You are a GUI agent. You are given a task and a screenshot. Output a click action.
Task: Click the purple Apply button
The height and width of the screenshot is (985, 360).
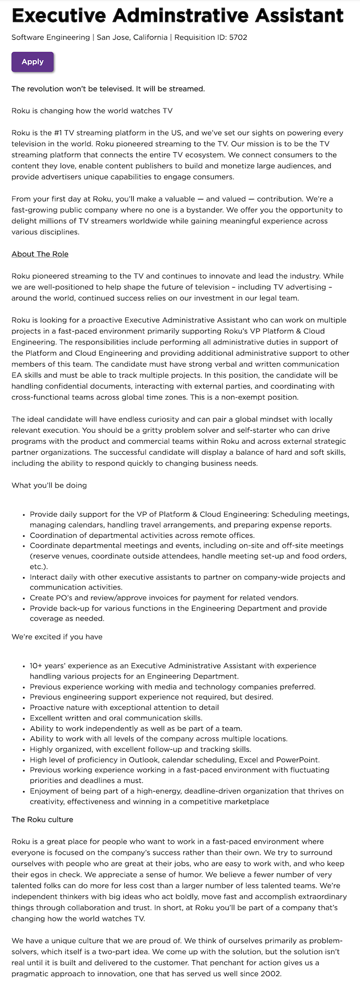32,62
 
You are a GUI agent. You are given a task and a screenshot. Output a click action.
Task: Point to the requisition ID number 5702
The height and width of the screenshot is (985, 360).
238,37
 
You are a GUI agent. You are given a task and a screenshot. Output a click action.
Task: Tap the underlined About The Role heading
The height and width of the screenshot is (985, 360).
40,254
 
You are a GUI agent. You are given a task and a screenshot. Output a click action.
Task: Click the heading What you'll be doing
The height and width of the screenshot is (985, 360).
49,485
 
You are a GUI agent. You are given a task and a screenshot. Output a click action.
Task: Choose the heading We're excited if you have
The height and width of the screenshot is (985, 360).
57,636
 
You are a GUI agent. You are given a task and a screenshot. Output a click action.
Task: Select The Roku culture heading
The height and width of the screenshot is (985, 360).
42,819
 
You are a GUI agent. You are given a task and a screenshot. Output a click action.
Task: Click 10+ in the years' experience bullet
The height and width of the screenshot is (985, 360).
36,666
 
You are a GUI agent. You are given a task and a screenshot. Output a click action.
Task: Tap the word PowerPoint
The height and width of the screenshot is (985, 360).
300,760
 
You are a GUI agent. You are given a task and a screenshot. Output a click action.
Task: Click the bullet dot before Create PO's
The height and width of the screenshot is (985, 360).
24,598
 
